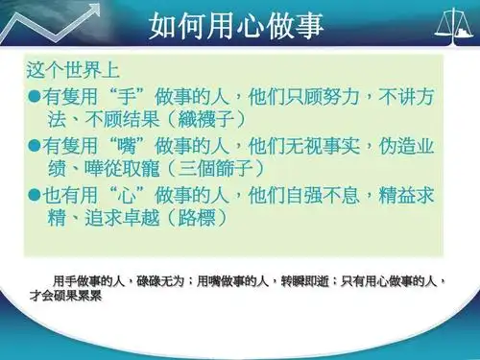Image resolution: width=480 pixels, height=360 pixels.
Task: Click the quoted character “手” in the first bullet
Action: click(124, 97)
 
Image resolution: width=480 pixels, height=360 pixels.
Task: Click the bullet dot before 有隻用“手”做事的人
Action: click(35, 97)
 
